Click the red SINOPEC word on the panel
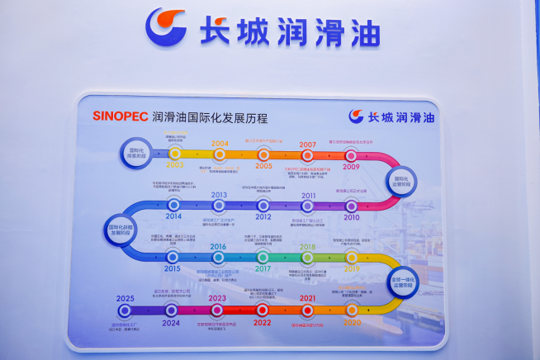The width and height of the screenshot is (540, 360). pos(121,116)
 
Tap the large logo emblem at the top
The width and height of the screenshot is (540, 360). pos(166,27)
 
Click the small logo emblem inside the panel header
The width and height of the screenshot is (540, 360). pos(356,116)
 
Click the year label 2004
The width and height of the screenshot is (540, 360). pos(220,144)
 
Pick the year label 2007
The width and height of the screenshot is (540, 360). pos(307,144)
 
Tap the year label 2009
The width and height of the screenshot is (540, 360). pos(352,166)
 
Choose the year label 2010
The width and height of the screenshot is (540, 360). pos(352,217)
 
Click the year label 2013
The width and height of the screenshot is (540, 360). pos(219,196)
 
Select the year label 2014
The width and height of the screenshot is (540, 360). pos(173,216)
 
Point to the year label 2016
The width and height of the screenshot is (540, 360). pos(218,247)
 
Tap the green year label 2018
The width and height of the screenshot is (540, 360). pos(307,247)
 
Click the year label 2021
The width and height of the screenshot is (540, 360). pos(307,298)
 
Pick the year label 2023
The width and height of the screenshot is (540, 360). pos(217,298)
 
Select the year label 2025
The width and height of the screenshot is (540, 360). pos(126,298)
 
